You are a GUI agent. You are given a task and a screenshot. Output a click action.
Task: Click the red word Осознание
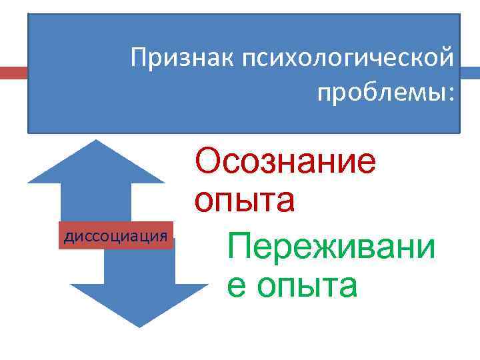click(x=285, y=162)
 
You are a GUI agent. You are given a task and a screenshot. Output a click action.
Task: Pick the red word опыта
click(x=244, y=199)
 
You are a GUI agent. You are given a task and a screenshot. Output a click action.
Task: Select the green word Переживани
click(x=331, y=247)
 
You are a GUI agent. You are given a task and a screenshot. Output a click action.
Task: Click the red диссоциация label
click(x=115, y=235)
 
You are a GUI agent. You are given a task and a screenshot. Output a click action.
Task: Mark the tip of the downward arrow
click(x=139, y=326)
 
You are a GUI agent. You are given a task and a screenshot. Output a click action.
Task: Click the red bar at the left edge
click(x=13, y=73)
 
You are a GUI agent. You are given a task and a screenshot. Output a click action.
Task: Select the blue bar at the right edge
click(x=471, y=73)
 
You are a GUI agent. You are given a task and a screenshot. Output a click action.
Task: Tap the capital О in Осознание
click(x=208, y=162)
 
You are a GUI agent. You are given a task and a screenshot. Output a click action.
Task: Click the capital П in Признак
click(x=139, y=58)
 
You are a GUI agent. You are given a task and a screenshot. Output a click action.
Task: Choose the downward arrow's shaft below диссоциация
click(x=139, y=267)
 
